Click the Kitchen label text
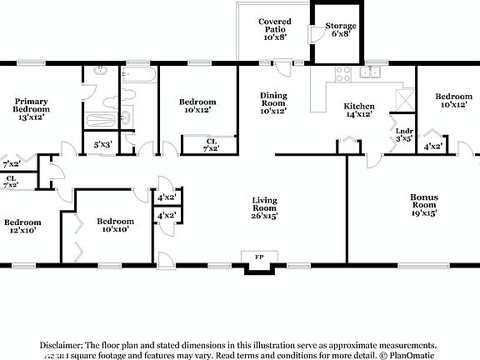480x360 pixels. click(x=359, y=107)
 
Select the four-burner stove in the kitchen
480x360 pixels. click(x=341, y=72)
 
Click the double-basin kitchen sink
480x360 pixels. click(x=370, y=72)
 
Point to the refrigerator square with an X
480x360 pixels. click(x=403, y=94)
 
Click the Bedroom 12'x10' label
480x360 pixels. click(x=22, y=226)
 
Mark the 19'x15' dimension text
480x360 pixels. click(x=423, y=212)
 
